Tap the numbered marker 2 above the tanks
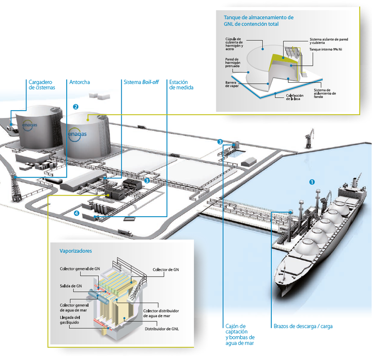click(76, 107)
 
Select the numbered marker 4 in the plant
click(76, 213)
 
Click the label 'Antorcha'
click(80, 82)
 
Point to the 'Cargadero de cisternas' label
click(41, 85)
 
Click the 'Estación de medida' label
click(181, 85)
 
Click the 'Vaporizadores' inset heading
click(76, 251)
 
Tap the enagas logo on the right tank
click(78, 133)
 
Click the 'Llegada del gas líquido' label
click(70, 320)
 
